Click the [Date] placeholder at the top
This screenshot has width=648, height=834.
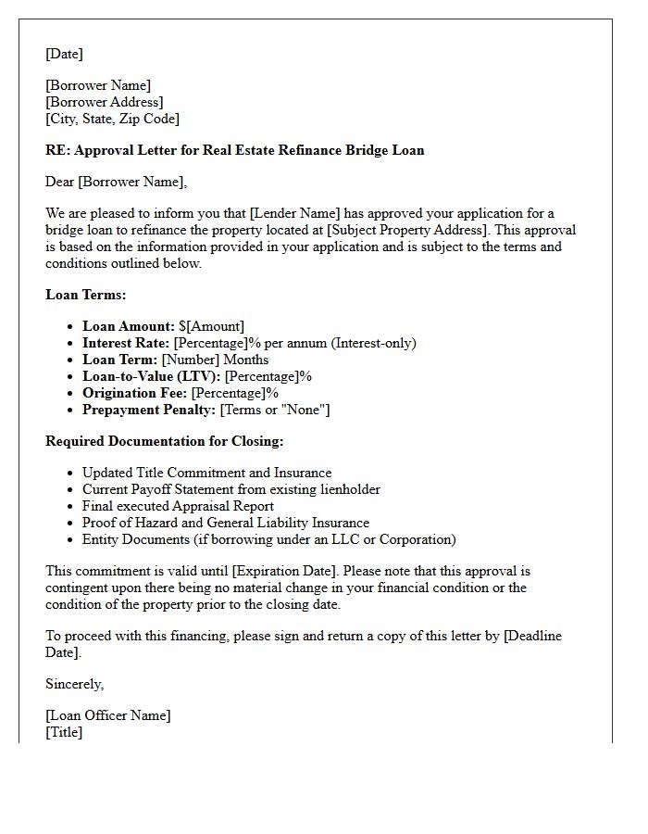tap(64, 54)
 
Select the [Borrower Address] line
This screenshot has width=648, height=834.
tap(104, 102)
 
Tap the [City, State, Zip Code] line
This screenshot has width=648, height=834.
tap(112, 119)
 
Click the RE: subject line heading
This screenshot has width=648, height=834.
tap(234, 150)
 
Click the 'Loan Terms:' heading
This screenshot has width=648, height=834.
tap(86, 295)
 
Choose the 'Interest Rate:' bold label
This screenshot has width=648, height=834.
tap(126, 343)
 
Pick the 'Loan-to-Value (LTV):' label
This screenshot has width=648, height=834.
tap(152, 376)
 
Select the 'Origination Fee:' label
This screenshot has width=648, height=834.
tap(135, 393)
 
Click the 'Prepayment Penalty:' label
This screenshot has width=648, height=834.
tap(149, 410)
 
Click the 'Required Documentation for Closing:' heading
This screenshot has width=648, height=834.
tap(164, 441)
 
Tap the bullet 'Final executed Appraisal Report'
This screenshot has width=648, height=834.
tap(178, 506)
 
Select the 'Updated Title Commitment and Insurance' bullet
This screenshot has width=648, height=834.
tap(206, 473)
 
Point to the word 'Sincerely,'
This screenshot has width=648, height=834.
tap(75, 684)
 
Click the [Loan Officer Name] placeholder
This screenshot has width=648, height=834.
tap(108, 715)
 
